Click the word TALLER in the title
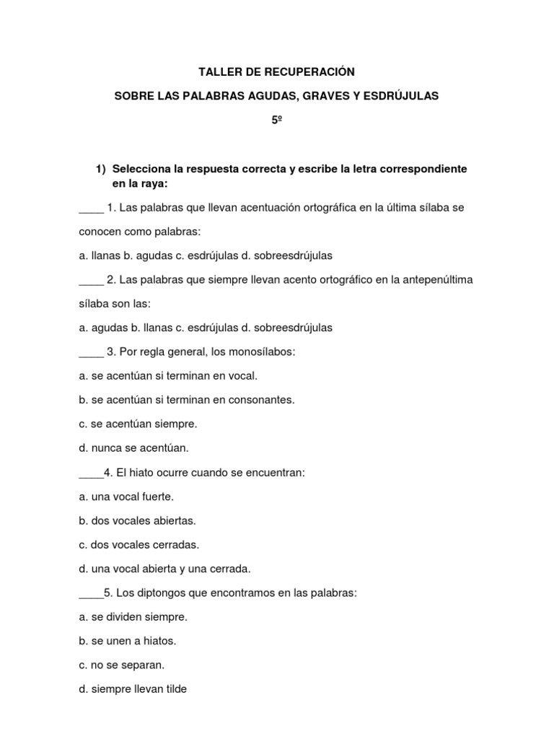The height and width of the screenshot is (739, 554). click(219, 72)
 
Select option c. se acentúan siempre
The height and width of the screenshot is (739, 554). click(138, 424)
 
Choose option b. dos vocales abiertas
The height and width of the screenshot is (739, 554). click(137, 520)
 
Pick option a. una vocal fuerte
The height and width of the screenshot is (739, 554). click(126, 497)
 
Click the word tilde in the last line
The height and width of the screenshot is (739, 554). click(174, 689)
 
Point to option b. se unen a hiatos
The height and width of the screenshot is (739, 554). click(128, 641)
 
